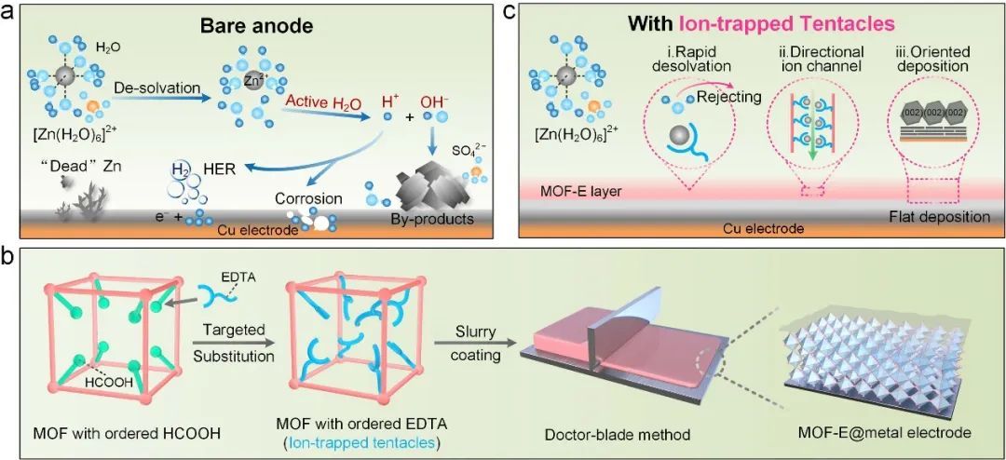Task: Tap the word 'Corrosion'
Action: click(307, 198)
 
